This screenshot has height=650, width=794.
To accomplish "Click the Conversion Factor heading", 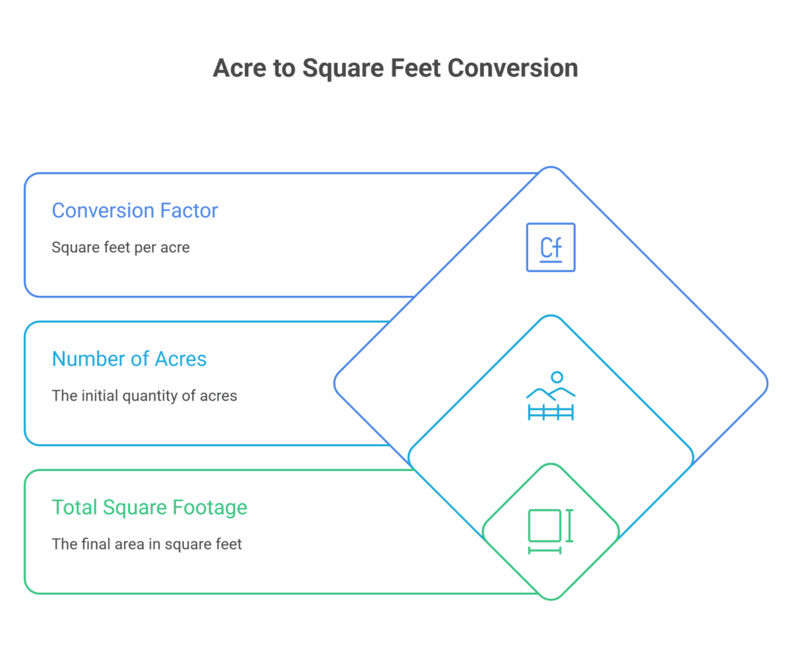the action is pos(135,211).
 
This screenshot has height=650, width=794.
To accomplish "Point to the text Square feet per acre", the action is pos(120,247).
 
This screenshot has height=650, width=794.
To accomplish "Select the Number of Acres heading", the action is pos(129,359).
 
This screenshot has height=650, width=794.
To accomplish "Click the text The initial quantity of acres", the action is pos(144,396).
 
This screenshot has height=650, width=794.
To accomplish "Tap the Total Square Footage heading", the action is pos(150,507).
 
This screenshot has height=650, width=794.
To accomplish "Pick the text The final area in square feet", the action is pos(147,544).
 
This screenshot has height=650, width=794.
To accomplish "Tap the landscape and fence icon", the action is pos(551,396).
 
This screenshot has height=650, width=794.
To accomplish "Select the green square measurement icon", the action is pos(551,531).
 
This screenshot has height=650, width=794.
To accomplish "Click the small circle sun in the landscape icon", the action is pos(557,377).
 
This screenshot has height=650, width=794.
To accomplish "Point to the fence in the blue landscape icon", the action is pos(551,412).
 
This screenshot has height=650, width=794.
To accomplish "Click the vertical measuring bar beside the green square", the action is pos(569,525).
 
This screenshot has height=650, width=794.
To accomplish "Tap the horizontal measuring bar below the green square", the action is pos(545,550).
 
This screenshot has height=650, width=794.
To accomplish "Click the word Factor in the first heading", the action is pos(189,211).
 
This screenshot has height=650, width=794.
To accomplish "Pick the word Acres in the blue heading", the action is pos(180,359).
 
